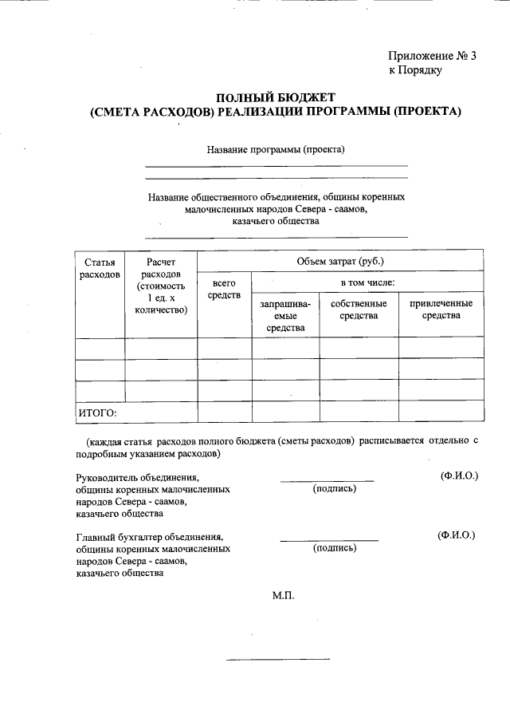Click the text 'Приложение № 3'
(x=431, y=56)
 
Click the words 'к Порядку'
(x=415, y=70)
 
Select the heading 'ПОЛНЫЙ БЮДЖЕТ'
(x=276, y=97)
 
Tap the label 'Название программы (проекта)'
(x=276, y=149)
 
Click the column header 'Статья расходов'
(x=100, y=268)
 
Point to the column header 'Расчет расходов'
(x=161, y=286)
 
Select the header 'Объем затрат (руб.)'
(x=340, y=261)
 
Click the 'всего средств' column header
(x=224, y=290)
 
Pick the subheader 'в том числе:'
(x=367, y=282)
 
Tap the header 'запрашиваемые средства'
(x=285, y=316)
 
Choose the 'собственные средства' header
(x=359, y=310)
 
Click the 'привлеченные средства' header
(x=441, y=310)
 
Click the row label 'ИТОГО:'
(x=97, y=412)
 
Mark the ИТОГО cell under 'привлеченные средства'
(x=441, y=412)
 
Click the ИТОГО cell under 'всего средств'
(x=224, y=412)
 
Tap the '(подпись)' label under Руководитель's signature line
(x=335, y=488)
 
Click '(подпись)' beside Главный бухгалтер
(x=335, y=548)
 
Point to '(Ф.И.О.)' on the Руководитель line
(x=459, y=475)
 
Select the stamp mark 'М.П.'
(x=284, y=595)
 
